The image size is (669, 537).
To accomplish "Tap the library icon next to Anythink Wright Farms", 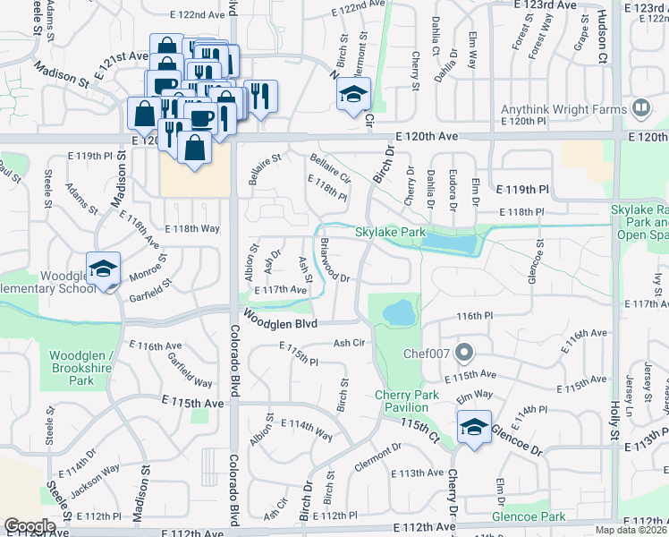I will [640, 109].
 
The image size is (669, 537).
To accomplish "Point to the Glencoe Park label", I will [529, 516].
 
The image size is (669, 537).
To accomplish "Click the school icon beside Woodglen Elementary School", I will [104, 271].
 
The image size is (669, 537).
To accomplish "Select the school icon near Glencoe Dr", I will [474, 428].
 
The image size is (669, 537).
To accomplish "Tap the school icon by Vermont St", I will [354, 95].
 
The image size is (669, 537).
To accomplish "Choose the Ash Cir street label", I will [350, 343].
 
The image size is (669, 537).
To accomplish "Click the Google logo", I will [30, 526].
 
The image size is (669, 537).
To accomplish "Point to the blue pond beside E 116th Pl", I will [400, 313].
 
